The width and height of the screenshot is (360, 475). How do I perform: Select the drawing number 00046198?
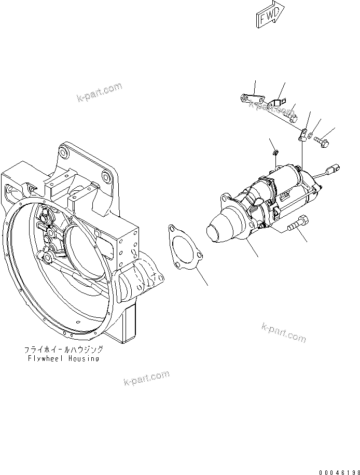(x=333, y=468)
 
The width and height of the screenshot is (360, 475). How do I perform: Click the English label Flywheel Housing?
(x=63, y=358)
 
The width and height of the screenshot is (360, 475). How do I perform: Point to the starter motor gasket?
(x=184, y=247)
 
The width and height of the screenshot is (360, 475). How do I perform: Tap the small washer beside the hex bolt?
(x=311, y=136)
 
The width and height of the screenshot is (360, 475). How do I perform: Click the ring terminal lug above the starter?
(x=302, y=136)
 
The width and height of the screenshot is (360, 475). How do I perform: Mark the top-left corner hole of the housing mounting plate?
(x=63, y=152)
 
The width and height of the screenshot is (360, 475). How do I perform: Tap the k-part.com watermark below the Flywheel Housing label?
(x=147, y=379)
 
